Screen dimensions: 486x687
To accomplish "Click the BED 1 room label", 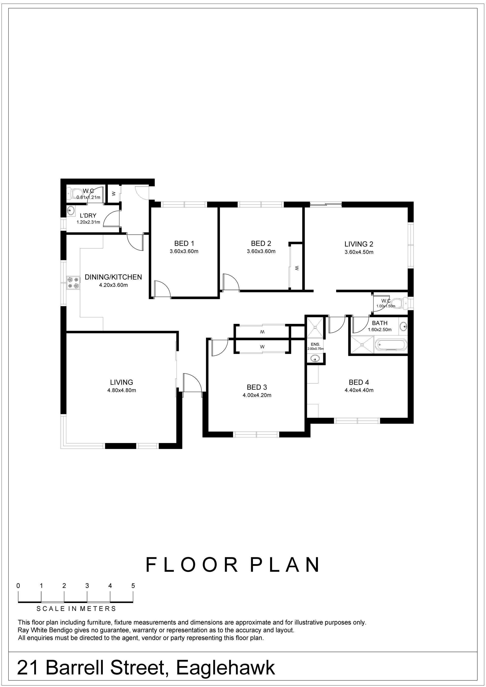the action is click(x=184, y=243).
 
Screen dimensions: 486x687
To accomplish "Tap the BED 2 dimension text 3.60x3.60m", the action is click(x=261, y=251).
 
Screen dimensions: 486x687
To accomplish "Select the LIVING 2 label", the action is click(x=359, y=244).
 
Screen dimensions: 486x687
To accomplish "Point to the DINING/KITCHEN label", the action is click(x=113, y=277).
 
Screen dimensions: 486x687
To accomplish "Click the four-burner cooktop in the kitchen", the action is click(x=73, y=283).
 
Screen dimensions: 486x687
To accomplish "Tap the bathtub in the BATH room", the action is click(x=391, y=345).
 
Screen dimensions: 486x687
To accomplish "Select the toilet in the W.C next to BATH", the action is click(x=401, y=303).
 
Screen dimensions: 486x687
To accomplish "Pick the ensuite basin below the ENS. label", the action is click(x=314, y=358).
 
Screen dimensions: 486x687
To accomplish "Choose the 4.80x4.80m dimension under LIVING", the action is click(x=122, y=390).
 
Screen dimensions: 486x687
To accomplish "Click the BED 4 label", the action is click(x=359, y=382).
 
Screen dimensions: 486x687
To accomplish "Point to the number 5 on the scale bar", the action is click(x=133, y=586).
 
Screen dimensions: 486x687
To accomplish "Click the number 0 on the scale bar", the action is click(x=18, y=586).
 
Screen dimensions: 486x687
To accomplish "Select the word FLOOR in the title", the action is click(x=192, y=565).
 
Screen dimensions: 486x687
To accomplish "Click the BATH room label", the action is click(x=380, y=323).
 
